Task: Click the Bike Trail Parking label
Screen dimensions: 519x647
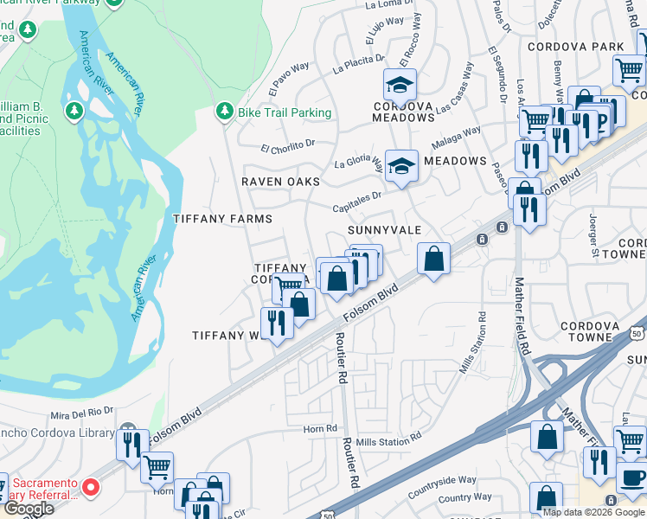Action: pyautogui.click(x=285, y=112)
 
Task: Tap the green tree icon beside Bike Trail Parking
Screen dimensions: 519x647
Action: pyautogui.click(x=225, y=112)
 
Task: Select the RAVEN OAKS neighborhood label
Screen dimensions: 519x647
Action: pyautogui.click(x=280, y=182)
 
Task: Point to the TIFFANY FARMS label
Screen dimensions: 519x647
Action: pyautogui.click(x=223, y=219)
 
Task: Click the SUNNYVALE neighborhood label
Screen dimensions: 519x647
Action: pyautogui.click(x=384, y=230)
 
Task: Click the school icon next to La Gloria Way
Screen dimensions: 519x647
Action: pyautogui.click(x=401, y=164)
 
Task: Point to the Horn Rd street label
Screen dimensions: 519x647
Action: pyautogui.click(x=319, y=428)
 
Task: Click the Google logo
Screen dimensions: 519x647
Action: pyautogui.click(x=28, y=509)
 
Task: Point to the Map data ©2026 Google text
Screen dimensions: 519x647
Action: pyautogui.click(x=593, y=512)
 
